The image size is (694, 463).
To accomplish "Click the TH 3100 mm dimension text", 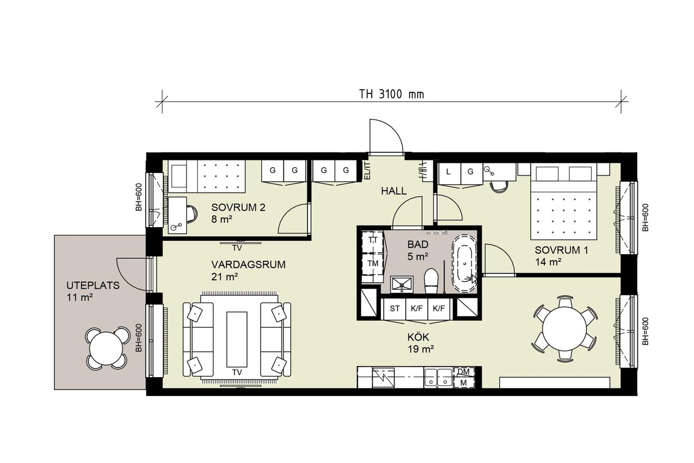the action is [x=391, y=94].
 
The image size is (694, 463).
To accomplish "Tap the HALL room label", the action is [x=394, y=191].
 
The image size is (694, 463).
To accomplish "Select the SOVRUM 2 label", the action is [x=238, y=207].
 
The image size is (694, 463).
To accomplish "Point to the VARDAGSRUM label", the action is [x=248, y=265].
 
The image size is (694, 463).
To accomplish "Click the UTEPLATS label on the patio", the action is [x=93, y=285].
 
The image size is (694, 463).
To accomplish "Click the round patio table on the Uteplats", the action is [x=106, y=348].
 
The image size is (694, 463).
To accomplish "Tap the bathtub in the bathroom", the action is [x=464, y=264].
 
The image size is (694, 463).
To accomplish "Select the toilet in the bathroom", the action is [x=431, y=281].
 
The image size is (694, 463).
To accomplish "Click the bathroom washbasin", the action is [x=402, y=285].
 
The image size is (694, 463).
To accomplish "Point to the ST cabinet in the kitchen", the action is [x=394, y=308].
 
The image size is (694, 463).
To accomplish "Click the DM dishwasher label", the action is [x=463, y=372].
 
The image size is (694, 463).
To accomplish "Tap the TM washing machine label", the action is [x=373, y=263].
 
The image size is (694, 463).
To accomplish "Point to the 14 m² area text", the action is [x=548, y=262].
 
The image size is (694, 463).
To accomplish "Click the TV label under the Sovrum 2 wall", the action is [x=237, y=248].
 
